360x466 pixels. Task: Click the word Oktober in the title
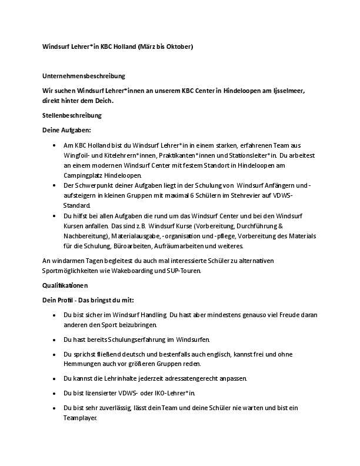click(x=178, y=46)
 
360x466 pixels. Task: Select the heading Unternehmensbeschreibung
click(x=83, y=76)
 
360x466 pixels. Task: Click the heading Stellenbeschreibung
click(x=68, y=115)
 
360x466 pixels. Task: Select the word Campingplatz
click(x=83, y=175)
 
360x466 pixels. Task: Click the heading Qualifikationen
click(x=65, y=285)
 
